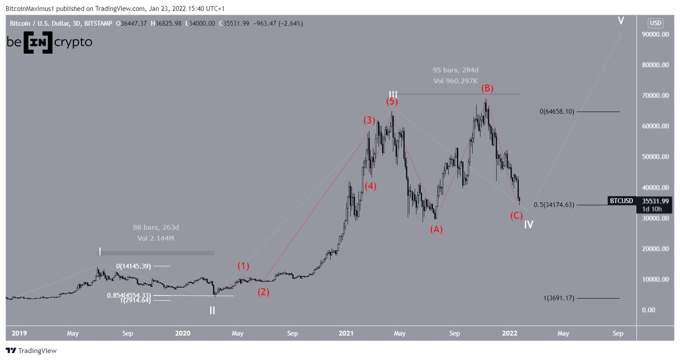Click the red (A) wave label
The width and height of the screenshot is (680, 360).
point(436,229)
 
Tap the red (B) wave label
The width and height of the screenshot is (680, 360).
point(487,88)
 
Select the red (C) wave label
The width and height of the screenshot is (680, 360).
point(516,215)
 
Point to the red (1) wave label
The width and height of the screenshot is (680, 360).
point(244,265)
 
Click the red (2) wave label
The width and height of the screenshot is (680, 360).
point(263,292)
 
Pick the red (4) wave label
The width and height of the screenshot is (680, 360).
point(370,186)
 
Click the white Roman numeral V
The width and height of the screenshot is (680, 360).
point(621,20)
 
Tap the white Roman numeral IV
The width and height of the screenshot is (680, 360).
point(528,225)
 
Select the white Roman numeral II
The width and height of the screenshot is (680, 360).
point(212,311)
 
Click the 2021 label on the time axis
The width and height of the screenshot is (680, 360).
point(346,333)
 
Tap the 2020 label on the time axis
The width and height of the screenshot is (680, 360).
point(183,333)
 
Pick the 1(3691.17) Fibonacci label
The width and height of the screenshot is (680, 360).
point(558,298)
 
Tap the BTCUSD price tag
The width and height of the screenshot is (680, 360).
point(621,201)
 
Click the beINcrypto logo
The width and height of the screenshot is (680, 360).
point(49,42)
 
